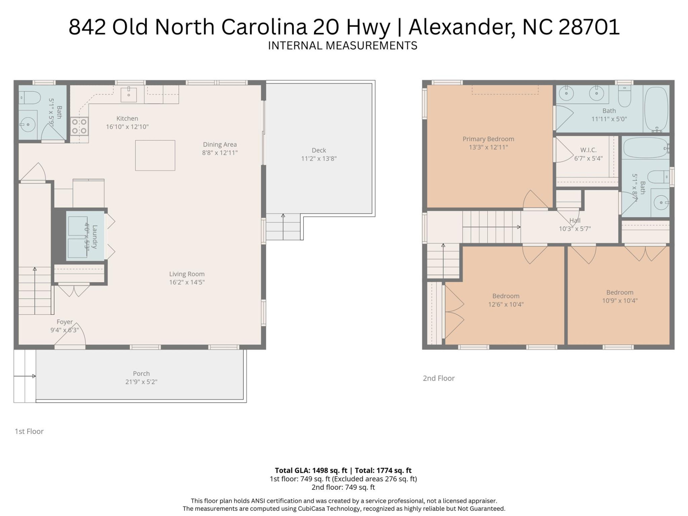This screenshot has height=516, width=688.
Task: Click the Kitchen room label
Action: pyautogui.click(x=127, y=119)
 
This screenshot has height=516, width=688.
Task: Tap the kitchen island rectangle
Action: pyautogui.click(x=155, y=155)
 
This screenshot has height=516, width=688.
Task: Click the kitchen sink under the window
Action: pyautogui.click(x=128, y=95)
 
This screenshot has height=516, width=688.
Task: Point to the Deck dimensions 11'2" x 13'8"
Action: pyautogui.click(x=319, y=159)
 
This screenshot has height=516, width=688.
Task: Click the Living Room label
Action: pyautogui.click(x=187, y=274)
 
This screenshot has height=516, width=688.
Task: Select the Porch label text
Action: pyautogui.click(x=141, y=373)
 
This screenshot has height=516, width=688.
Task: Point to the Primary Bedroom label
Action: pyautogui.click(x=488, y=139)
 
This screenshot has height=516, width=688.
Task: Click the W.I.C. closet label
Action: pyautogui.click(x=588, y=150)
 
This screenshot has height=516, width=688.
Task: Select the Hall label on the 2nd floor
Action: pyautogui.click(x=575, y=220)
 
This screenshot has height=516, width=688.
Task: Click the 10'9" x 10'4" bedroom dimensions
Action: pyautogui.click(x=620, y=301)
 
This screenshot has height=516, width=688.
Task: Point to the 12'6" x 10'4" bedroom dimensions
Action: pyautogui.click(x=506, y=305)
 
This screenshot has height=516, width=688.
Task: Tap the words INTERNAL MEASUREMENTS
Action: pyautogui.click(x=343, y=46)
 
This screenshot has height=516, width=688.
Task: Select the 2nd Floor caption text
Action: pyautogui.click(x=439, y=378)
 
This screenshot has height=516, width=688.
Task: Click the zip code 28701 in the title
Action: pyautogui.click(x=589, y=27)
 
